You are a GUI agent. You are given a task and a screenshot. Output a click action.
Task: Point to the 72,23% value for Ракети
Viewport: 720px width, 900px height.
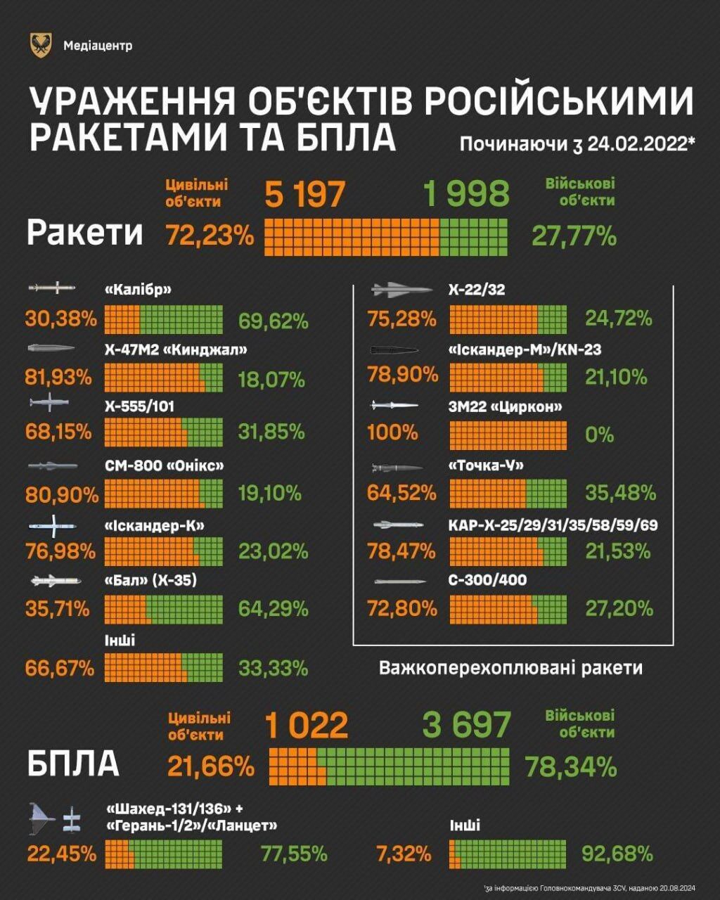click(x=210, y=234)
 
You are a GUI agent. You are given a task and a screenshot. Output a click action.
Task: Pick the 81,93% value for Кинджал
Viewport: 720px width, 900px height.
click(x=59, y=378)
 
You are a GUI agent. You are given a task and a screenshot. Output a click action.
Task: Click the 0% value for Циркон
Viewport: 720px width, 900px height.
click(x=599, y=435)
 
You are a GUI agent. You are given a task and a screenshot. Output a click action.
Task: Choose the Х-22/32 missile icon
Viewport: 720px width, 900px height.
click(x=401, y=289)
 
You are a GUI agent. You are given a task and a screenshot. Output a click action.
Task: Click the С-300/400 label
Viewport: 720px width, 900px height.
click(x=487, y=580)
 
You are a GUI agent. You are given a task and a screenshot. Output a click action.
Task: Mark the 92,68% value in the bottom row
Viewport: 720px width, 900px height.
click(x=618, y=854)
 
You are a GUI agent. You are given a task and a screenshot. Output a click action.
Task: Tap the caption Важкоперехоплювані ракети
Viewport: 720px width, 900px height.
click(x=511, y=667)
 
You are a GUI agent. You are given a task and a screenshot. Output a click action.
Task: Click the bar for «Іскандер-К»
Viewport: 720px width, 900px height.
click(x=163, y=551)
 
